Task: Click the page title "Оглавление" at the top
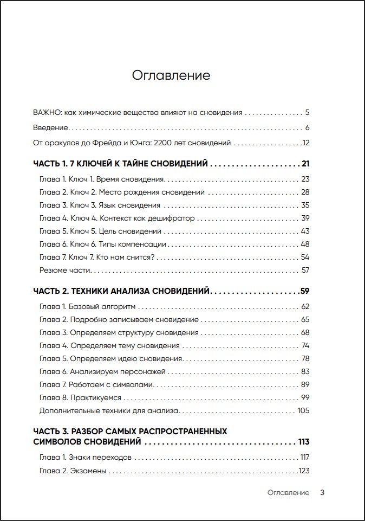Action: [x=171, y=75]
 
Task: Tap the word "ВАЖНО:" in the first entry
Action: [x=47, y=113]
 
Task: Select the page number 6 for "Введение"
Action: [x=307, y=128]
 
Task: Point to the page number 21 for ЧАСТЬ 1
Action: [x=305, y=164]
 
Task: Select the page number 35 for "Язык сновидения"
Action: [x=305, y=205]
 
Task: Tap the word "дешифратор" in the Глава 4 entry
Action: [x=174, y=218]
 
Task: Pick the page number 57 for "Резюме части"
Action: [x=305, y=270]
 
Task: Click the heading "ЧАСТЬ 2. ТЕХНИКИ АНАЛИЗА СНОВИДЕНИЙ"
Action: [x=121, y=291]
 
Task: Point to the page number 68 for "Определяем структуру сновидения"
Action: [x=305, y=333]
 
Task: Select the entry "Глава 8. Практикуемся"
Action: [x=80, y=398]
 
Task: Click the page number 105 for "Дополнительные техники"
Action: [x=303, y=411]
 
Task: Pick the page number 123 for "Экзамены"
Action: [x=304, y=471]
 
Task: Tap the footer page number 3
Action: [x=322, y=493]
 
